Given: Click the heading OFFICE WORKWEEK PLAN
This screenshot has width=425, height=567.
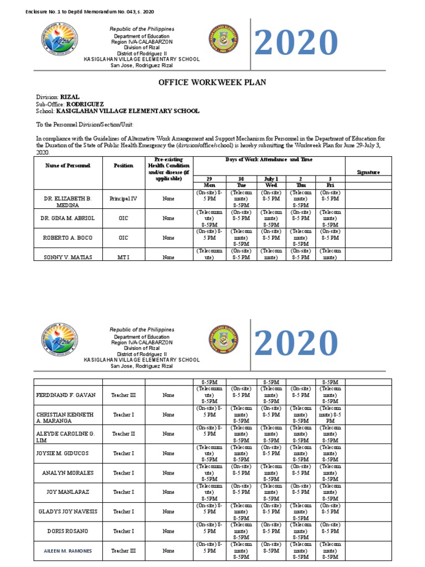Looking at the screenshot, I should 212,83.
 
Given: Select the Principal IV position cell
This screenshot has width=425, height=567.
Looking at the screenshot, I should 123,198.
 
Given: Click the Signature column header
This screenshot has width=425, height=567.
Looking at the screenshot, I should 368,172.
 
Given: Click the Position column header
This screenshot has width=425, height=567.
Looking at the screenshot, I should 123,166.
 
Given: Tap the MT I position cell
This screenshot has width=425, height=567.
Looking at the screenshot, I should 123,257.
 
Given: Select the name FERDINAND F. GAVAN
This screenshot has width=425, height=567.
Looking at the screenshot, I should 66,395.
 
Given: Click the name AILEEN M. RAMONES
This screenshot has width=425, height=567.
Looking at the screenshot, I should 68,551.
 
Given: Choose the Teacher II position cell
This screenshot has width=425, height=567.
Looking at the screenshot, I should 123,434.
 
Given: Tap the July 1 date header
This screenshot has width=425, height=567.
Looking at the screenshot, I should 271,179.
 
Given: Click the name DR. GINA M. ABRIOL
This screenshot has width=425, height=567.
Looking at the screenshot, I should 68,218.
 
